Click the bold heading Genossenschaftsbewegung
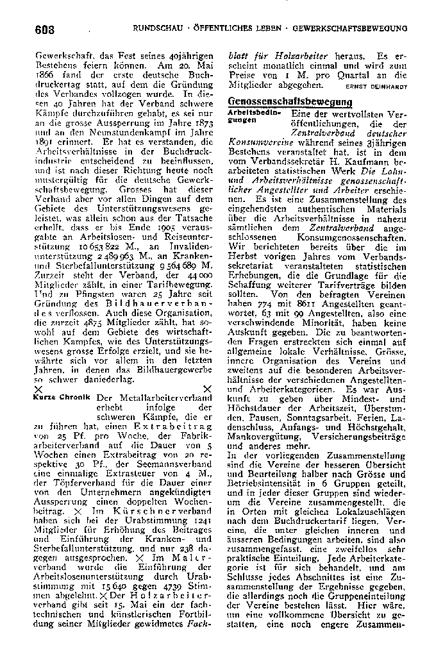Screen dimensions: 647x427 tap(290, 102)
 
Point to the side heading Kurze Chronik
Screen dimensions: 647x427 tap(62, 398)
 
